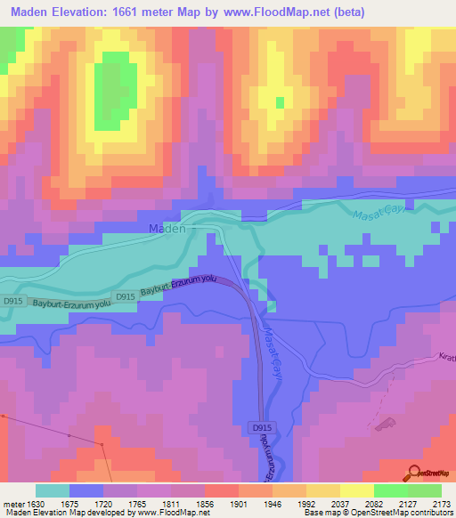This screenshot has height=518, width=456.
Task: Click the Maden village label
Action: click(x=167, y=228)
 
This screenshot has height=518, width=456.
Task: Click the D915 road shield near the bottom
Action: click(x=262, y=428)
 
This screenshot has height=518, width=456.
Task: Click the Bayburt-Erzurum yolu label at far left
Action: click(x=62, y=304)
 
